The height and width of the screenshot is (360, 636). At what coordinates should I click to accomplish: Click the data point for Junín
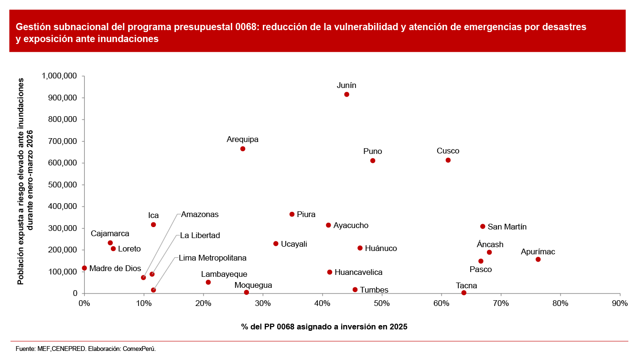(x=346, y=95)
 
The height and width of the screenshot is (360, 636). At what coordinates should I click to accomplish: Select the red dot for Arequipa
(x=243, y=149)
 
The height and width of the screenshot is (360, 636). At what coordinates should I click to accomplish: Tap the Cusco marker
(x=448, y=160)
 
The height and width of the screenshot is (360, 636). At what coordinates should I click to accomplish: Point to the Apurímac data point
(x=538, y=260)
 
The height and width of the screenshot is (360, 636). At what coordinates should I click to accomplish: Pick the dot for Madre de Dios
(x=85, y=268)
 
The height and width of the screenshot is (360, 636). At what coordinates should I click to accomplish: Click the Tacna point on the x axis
(x=464, y=293)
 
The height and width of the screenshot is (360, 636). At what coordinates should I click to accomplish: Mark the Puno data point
(x=373, y=161)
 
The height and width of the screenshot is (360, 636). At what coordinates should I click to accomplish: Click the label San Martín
(x=507, y=227)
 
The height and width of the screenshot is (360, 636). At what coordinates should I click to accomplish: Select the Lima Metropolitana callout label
(x=213, y=258)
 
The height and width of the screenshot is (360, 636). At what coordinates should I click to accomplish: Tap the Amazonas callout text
(x=200, y=215)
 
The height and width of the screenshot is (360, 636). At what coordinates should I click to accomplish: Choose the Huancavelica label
(x=358, y=273)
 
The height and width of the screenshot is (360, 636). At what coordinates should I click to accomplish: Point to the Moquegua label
(x=253, y=285)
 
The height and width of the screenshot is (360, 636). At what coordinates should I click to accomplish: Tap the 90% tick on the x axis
(x=620, y=303)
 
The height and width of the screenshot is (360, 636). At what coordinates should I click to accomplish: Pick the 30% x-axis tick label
(x=263, y=303)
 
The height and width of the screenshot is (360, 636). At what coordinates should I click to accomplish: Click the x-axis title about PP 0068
(x=324, y=327)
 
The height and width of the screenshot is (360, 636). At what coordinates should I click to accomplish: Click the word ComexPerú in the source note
(x=140, y=349)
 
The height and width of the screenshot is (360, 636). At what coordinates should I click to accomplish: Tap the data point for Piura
(x=292, y=214)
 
